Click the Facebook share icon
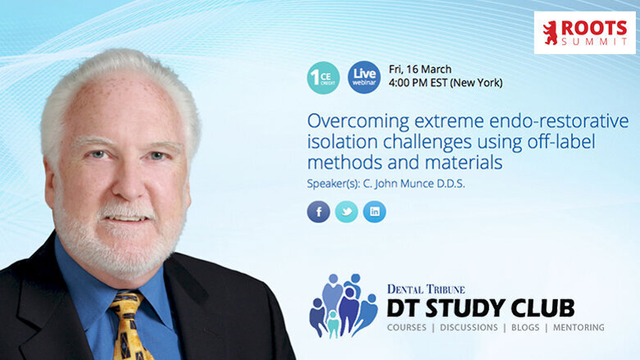(x=319, y=212)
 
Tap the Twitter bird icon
(x=347, y=212)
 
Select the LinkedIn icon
(x=374, y=212)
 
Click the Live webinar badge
(x=364, y=76)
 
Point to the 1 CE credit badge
(x=323, y=77)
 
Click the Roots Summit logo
(x=584, y=33)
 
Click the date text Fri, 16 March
(x=421, y=69)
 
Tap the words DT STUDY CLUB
(x=481, y=308)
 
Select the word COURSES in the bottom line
(x=411, y=328)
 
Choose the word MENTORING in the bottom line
(x=579, y=328)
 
